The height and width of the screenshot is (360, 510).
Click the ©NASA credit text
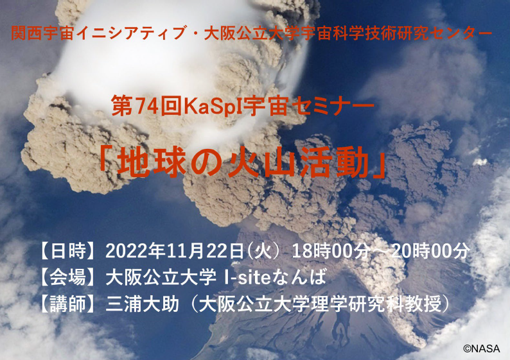pos(481,348)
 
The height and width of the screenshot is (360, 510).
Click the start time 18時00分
pos(331,252)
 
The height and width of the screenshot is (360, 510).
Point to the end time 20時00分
pos(430,252)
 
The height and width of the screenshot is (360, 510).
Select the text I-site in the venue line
pos(247,278)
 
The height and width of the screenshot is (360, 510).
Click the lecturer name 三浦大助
pos(143,304)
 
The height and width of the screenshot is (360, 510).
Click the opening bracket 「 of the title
pos(106,161)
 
